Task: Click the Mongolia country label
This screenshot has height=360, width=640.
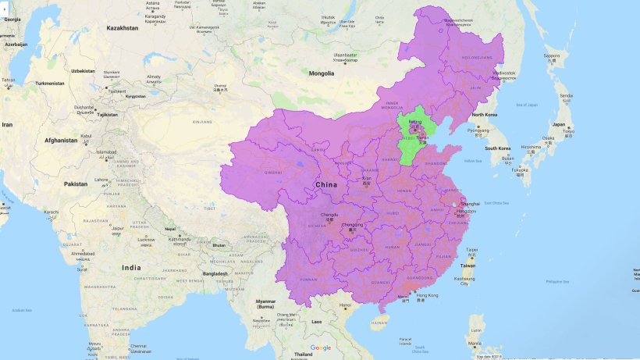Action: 322,73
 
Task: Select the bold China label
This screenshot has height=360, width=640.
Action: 326,184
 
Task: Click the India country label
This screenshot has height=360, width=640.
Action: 131,267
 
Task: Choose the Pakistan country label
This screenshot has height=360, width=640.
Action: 76,184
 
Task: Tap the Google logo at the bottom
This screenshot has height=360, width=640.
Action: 320,348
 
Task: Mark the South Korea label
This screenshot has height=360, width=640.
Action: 496,148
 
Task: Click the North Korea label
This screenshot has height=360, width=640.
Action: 485,115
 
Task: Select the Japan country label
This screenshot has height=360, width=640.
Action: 559,124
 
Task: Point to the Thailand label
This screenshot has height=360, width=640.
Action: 303,354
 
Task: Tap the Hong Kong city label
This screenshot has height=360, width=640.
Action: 428,295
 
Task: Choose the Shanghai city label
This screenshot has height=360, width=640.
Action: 470,204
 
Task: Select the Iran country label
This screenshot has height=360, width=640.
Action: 6,124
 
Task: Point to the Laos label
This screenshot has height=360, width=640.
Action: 316,321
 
